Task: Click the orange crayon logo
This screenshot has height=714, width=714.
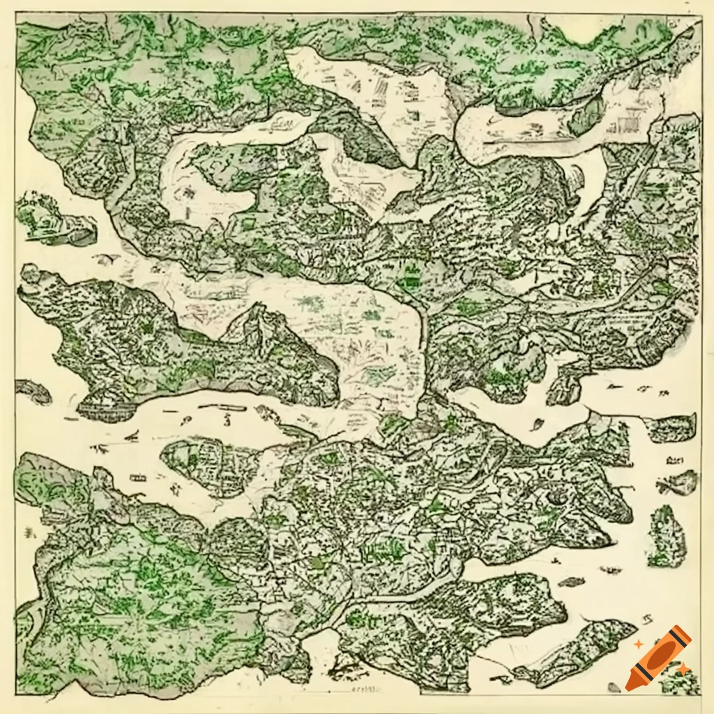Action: (x=659, y=658)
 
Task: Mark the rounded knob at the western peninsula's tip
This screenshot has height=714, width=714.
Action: (x=29, y=273)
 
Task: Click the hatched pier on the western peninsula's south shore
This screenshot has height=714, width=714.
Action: (x=105, y=408)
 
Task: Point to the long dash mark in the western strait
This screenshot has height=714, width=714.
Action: (x=223, y=403)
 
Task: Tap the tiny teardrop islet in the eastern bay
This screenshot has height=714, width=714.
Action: (x=538, y=423)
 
